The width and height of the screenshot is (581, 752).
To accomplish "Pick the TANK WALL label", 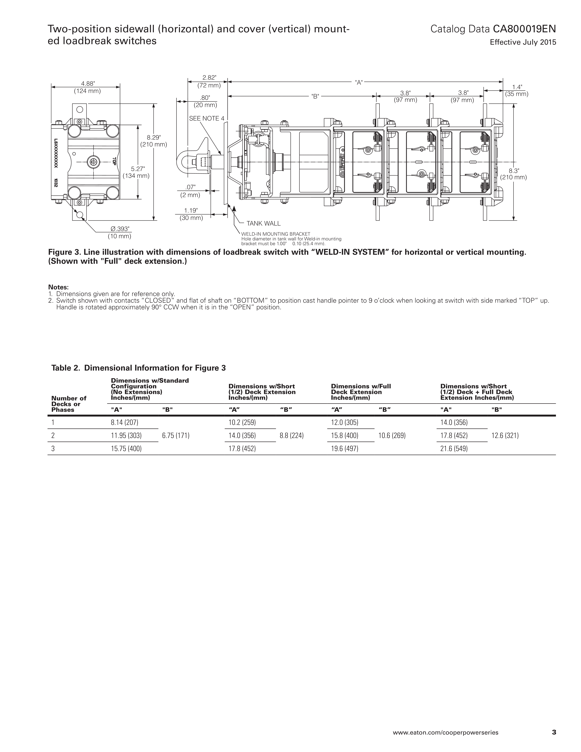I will (263, 223).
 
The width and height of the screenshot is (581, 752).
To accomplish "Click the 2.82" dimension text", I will (209, 78).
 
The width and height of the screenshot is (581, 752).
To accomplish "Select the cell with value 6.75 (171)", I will (176, 436).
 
